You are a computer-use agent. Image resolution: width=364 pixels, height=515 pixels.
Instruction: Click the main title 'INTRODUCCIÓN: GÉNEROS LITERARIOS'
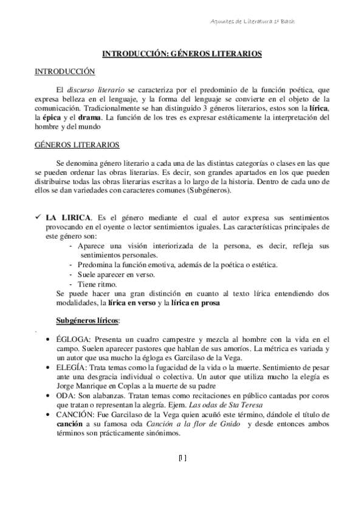tap(182, 53)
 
